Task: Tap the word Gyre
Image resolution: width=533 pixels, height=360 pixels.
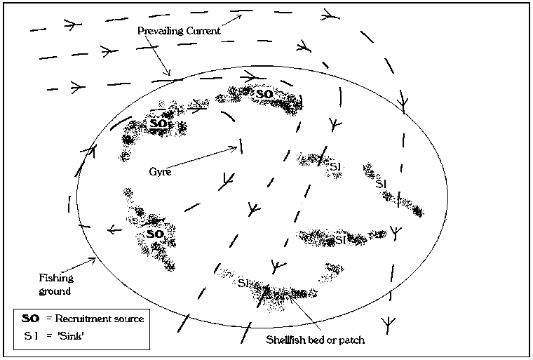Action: (161, 171)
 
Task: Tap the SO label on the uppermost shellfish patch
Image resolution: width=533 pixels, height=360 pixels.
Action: (264, 93)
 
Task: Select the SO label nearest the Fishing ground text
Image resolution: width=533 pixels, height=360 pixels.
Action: (155, 233)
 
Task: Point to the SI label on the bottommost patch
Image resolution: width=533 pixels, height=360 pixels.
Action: (243, 284)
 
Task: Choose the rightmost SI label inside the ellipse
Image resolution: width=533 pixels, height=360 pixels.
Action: (382, 183)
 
